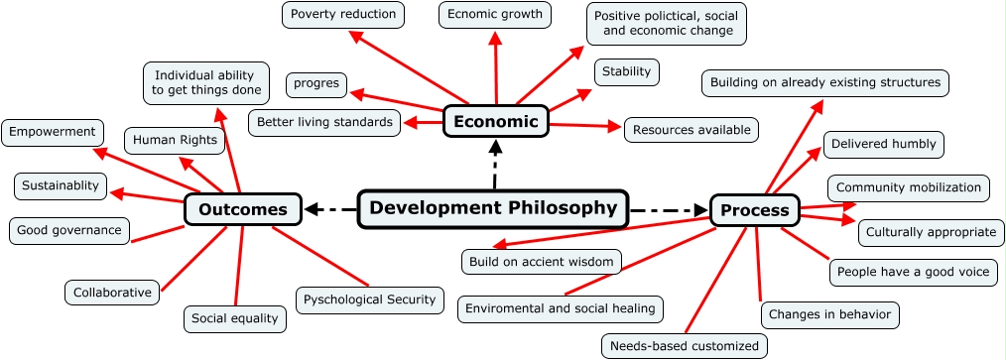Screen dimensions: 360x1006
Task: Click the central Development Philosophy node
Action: [x=492, y=208]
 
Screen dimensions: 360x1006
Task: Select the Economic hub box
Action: [x=495, y=121]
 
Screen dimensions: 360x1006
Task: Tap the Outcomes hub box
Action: [x=243, y=209]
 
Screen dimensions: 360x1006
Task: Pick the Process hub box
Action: [x=755, y=209]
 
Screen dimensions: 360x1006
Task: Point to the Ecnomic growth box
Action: [x=495, y=14]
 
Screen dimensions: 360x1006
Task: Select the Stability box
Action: [x=627, y=71]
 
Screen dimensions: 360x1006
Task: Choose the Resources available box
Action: [x=692, y=130]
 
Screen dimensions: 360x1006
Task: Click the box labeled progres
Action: [x=316, y=83]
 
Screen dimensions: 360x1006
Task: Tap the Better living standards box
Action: [x=324, y=122]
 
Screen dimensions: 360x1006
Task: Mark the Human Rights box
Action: [x=175, y=140]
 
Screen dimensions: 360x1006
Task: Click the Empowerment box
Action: [x=54, y=132]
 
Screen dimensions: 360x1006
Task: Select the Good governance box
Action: [x=69, y=231]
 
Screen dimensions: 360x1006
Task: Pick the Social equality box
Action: [x=235, y=318]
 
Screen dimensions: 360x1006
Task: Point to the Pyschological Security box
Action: [x=369, y=300]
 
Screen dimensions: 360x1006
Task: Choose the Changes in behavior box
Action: [x=830, y=315]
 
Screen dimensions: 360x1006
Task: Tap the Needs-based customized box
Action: [x=685, y=346]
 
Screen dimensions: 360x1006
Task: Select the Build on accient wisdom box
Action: [x=542, y=262]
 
